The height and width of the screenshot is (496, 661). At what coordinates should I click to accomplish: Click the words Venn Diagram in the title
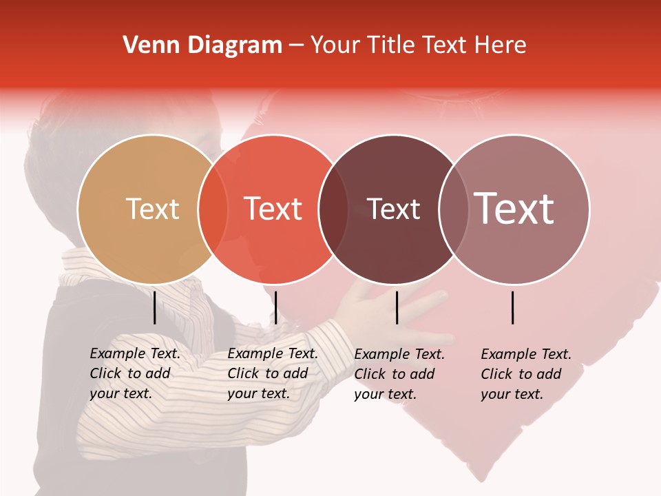(x=202, y=45)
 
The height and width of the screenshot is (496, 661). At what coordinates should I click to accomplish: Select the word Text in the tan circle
(x=152, y=209)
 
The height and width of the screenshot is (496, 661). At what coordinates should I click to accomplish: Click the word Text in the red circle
(x=273, y=209)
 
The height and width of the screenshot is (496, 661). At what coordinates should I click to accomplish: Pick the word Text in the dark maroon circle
(x=393, y=209)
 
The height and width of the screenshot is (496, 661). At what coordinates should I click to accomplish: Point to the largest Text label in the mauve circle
(x=514, y=208)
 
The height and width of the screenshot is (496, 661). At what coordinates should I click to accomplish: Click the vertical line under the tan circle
(x=154, y=307)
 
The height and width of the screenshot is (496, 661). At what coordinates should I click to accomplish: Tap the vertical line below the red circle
(x=275, y=307)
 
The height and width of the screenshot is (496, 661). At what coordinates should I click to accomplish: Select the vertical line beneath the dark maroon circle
(x=397, y=307)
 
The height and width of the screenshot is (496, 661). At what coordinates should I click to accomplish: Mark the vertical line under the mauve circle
(x=513, y=307)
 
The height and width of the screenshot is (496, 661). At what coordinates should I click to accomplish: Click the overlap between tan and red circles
(x=213, y=209)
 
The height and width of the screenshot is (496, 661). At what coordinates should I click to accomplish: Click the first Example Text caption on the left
(x=134, y=373)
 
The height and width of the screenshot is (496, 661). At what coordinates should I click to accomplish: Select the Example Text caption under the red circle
(x=272, y=373)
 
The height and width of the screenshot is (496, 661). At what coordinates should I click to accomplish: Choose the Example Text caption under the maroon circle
(x=399, y=374)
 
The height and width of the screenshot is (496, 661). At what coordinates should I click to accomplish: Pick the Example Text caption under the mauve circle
(x=525, y=374)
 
